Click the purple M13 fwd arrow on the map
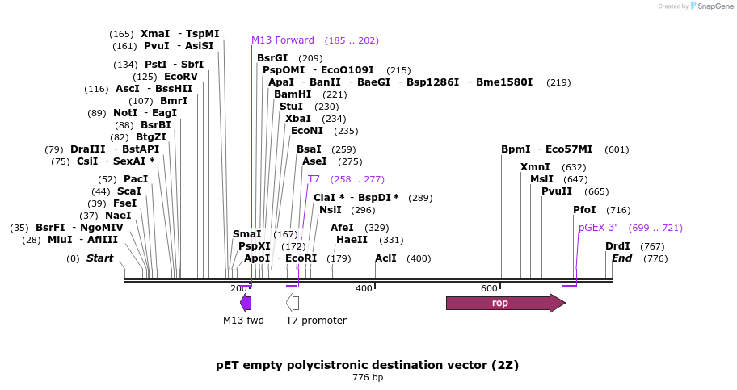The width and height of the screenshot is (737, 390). point(246,303)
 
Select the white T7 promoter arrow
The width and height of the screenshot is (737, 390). point(293,303)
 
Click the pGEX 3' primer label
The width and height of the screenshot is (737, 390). point(598,228)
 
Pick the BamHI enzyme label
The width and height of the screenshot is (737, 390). point(293,94)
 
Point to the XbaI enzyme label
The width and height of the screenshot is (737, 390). point(298,119)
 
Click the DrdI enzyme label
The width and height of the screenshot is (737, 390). point(618,246)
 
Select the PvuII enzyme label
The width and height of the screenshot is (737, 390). point(557,191)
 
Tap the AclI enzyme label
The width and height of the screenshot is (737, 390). point(385,258)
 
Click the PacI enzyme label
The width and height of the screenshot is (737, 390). point(136,179)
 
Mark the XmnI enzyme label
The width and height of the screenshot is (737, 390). point(535,167)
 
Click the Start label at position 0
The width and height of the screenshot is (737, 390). point(100,258)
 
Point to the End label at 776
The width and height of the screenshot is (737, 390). point(622,258)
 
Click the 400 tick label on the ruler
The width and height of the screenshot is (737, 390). point(364,288)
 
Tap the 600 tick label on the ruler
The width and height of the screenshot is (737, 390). point(489,288)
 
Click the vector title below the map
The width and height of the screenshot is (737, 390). point(368,365)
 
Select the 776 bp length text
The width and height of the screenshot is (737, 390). point(368,377)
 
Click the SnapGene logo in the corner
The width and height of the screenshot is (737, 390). point(708,6)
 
